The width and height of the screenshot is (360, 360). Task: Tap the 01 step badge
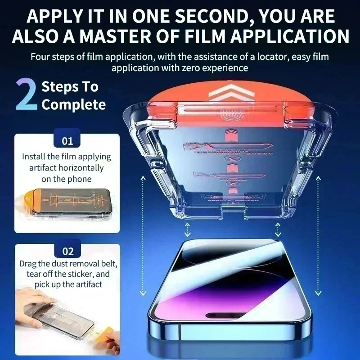[x=67, y=141]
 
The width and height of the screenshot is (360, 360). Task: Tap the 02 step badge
[x=67, y=251]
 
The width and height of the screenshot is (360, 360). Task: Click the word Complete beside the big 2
[x=74, y=105]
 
